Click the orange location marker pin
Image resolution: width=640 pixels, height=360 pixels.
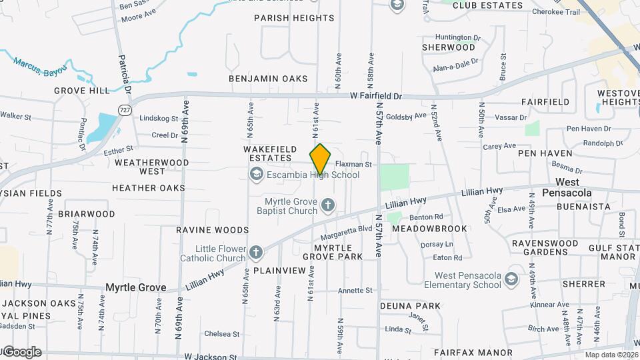tap(320, 159)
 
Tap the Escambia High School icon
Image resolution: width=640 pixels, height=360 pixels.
tap(255, 175)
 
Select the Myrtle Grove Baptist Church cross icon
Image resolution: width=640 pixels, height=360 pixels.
tap(327, 205)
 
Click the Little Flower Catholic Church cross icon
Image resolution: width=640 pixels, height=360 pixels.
tap(256, 253)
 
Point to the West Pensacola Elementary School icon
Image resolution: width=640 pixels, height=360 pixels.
tap(512, 279)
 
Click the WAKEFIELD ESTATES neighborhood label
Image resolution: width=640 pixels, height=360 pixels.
tap(268, 153)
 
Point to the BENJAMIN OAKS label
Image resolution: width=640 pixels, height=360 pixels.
tap(268, 79)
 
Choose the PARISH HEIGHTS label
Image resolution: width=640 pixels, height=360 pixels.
tap(294, 19)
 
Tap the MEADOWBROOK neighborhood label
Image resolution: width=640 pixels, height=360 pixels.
tap(429, 229)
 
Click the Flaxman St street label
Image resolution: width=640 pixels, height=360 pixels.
tap(353, 164)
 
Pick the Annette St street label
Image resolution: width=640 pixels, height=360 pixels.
tap(355, 291)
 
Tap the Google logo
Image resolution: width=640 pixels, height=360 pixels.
tap(22, 351)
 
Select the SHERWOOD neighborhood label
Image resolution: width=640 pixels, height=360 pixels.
tap(449, 48)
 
